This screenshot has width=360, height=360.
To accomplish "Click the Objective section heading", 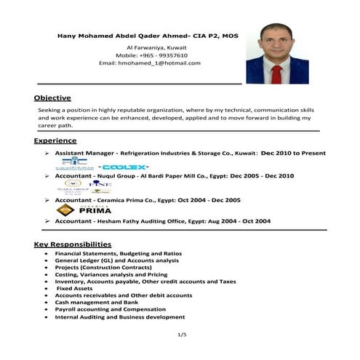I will (52, 97).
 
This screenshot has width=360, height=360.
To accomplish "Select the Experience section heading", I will (55, 140).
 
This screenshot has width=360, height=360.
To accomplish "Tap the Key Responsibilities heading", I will (72, 244).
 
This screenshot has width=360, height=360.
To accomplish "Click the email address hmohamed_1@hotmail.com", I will (149, 63).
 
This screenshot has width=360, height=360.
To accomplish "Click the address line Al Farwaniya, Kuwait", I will (152, 47).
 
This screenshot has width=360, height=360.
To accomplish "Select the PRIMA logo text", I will (95, 211).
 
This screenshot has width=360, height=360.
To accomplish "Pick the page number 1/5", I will (182, 335).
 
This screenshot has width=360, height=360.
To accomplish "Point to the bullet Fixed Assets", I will (76, 288).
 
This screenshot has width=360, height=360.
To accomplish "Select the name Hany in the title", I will (66, 35).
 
